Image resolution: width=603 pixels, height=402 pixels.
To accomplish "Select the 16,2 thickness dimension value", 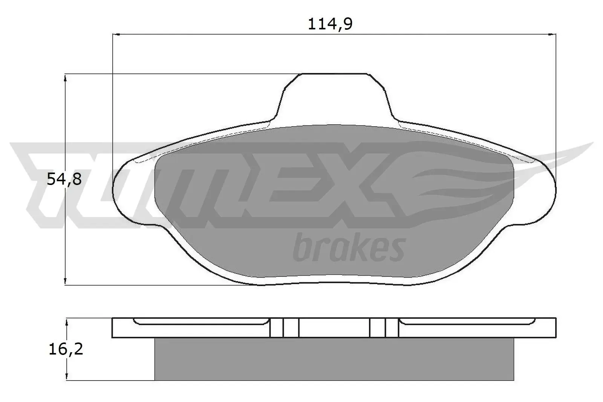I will click(66, 350).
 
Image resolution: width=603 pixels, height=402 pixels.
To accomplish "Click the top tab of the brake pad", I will click(334, 94).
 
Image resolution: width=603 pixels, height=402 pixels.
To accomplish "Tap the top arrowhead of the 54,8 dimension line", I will click(66, 78).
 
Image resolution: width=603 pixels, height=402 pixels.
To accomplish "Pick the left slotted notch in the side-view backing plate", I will click(284, 327).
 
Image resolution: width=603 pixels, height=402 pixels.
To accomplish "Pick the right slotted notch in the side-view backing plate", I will click(384, 327).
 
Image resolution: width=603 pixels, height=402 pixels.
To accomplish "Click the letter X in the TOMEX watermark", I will click(362, 185).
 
